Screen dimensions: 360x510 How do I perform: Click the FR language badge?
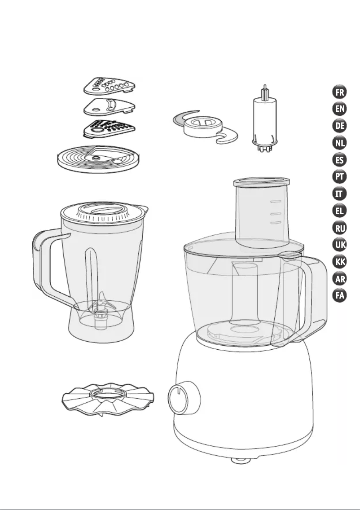point(339,92)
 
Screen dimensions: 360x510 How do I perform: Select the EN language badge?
point(339,109)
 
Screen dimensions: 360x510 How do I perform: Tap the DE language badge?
point(339,126)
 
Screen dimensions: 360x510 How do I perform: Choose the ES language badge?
point(339,160)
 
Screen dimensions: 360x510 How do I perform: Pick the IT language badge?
point(339,193)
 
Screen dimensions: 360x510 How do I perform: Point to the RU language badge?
point(339,228)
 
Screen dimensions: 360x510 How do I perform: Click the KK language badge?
point(339,261)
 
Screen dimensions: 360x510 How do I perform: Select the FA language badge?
point(339,295)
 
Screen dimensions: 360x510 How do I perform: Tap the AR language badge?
point(339,279)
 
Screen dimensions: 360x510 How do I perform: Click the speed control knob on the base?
point(184,398)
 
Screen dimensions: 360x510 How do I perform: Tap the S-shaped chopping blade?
point(205,127)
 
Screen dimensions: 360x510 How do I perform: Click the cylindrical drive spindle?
point(265,119)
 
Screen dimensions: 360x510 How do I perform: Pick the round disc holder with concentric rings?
point(98,159)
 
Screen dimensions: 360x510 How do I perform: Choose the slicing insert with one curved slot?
point(109,106)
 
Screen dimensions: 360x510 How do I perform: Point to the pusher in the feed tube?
point(261,211)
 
